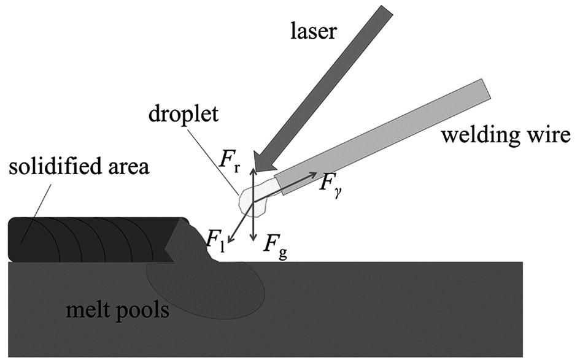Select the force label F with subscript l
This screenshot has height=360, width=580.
point(215,240)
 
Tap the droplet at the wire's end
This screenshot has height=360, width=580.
point(252,199)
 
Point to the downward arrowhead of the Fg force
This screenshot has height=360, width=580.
point(253,238)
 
